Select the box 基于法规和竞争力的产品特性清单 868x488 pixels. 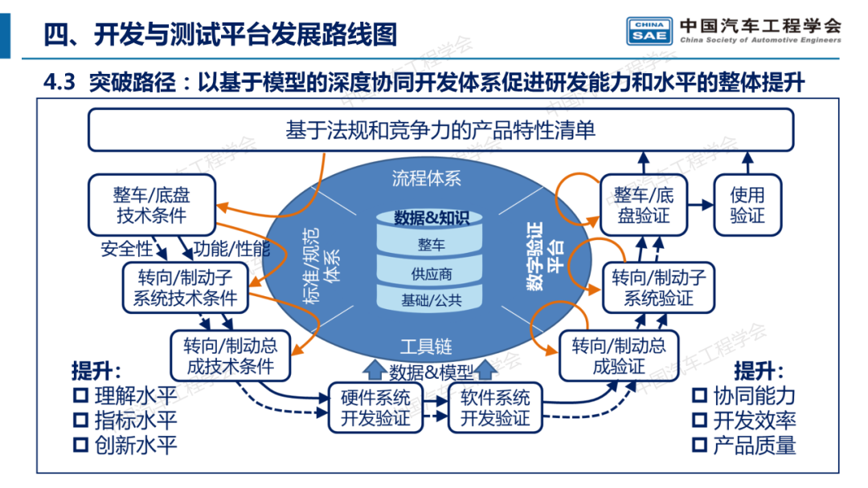pos(440,129)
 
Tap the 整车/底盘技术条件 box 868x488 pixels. pos(152,205)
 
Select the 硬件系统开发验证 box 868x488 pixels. pos(375,407)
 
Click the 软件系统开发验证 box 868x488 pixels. pos(494,407)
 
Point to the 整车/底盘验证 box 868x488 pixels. pos(645,205)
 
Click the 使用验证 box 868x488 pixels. pos(747,205)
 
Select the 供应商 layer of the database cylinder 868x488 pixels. pos(432,274)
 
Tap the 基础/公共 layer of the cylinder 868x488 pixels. pos(432,301)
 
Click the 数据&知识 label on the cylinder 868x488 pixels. pos(432,217)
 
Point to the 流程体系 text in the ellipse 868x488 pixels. pos(427,178)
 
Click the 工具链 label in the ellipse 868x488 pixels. pos(426,347)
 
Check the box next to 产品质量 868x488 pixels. pos(699,445)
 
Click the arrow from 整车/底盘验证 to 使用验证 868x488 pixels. pos(702,205)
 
